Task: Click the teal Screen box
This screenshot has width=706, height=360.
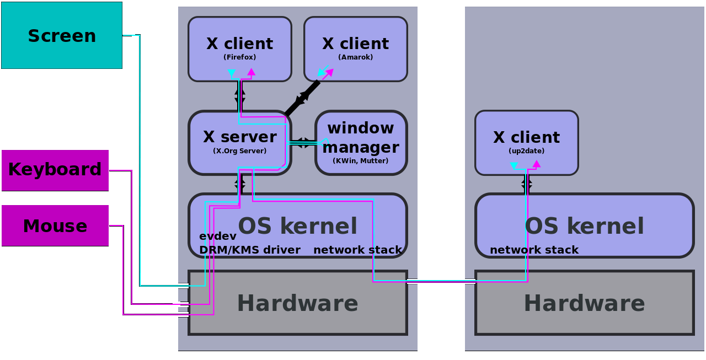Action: pos(61,35)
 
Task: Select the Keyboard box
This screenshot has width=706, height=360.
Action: pos(55,170)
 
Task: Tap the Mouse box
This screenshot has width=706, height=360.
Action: pos(55,226)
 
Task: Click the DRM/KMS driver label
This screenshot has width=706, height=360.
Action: pos(249,250)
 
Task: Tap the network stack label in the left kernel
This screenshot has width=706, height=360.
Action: pos(357,250)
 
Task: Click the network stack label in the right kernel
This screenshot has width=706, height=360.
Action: pos(534,250)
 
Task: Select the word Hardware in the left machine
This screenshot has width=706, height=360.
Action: pos(297,304)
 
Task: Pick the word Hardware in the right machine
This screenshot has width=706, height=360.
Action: pos(584,304)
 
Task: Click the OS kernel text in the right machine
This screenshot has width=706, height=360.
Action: pos(584,227)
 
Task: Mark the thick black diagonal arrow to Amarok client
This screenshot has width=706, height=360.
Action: pos(302,98)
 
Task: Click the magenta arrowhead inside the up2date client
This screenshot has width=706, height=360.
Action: pos(536,164)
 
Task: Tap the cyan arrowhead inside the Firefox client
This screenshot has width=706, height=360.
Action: pos(232,73)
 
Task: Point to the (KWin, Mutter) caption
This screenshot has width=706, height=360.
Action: pos(361,161)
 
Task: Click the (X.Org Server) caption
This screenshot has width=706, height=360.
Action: pos(239,151)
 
